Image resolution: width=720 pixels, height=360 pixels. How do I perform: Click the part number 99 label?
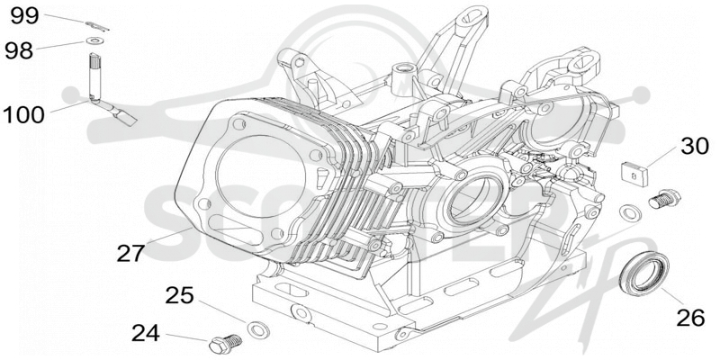coord(25,16)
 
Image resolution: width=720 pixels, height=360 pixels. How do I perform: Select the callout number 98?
coord(19,49)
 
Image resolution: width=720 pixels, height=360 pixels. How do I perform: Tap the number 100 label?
coord(23,115)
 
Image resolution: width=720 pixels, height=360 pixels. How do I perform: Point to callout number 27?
coord(130,253)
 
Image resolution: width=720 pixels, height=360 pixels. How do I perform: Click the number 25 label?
coord(180,296)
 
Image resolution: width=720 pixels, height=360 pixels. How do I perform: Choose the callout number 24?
coord(146,333)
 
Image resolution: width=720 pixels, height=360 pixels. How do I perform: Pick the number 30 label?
coord(694,147)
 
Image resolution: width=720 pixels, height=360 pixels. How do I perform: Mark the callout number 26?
coord(690,318)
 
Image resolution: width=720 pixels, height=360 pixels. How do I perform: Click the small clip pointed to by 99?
coord(97,26)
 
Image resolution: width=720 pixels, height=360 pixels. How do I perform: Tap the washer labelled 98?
coord(94,41)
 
